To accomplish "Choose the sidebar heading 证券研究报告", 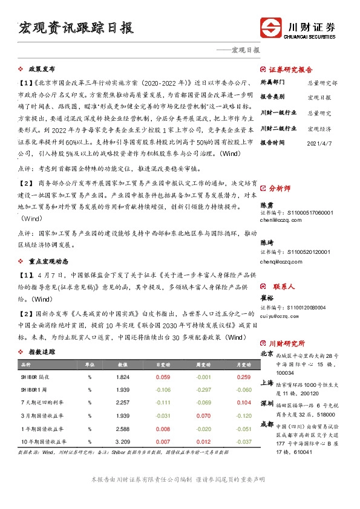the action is point(290,70).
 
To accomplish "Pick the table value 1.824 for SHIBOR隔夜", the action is point(123,377).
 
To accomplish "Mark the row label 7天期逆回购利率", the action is point(44,402).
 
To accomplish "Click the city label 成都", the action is point(266,424).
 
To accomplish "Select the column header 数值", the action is point(123,365).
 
